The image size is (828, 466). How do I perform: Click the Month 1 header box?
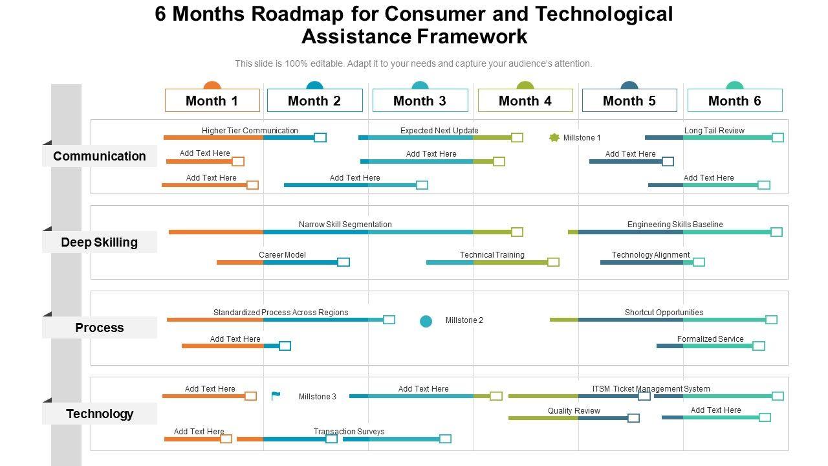click(212, 100)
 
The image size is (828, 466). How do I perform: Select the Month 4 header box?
click(525, 100)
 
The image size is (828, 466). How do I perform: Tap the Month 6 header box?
click(735, 100)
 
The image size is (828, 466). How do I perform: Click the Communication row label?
click(100, 156)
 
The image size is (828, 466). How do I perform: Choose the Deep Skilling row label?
click(100, 242)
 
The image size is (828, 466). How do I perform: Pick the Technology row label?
click(100, 414)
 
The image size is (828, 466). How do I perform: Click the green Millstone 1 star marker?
click(554, 137)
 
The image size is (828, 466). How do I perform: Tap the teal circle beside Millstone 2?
click(426, 321)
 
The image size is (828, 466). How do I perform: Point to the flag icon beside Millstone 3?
click(276, 396)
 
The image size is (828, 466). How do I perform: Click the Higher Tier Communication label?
click(250, 131)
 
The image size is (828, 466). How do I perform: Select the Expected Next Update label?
click(439, 131)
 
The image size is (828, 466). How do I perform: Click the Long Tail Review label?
click(714, 131)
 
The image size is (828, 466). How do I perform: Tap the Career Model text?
click(282, 255)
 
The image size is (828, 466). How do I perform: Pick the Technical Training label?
click(492, 255)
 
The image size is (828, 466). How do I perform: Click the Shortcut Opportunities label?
click(664, 313)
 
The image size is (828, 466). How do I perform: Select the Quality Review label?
click(574, 411)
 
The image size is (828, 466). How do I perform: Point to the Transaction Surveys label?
click(349, 432)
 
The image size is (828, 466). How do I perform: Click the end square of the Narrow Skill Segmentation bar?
click(517, 232)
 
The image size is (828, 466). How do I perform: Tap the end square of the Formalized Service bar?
click(759, 346)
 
